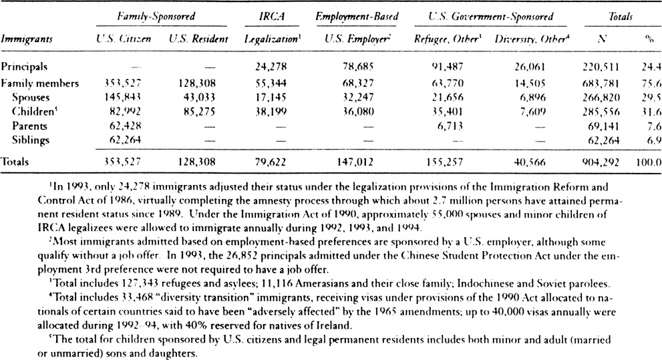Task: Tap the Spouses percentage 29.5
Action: (x=651, y=98)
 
